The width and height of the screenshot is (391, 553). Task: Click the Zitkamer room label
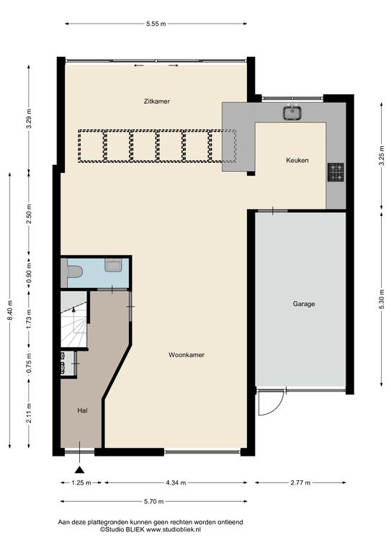click(156, 102)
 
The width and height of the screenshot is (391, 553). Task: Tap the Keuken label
click(297, 160)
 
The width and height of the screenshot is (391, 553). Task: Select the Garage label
click(304, 304)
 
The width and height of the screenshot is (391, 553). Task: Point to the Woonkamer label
click(186, 355)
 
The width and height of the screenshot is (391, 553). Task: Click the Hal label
click(83, 410)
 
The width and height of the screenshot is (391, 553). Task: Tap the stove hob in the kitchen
click(336, 172)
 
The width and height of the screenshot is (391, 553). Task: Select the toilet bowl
click(73, 272)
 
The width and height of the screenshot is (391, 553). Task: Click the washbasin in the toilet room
click(113, 264)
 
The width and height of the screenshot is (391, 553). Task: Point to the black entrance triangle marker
click(80, 469)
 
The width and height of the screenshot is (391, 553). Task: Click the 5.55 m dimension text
click(156, 24)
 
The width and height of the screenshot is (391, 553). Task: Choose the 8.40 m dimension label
click(10, 310)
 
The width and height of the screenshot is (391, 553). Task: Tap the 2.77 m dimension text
click(300, 483)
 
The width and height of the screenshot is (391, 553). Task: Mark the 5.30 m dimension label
click(382, 299)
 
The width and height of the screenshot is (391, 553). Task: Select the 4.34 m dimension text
click(176, 483)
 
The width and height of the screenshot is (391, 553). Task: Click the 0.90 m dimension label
click(29, 274)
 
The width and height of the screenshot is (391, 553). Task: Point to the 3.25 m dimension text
click(382, 156)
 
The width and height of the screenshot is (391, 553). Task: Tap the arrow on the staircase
click(73, 315)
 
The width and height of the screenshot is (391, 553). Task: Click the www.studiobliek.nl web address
click(174, 529)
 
